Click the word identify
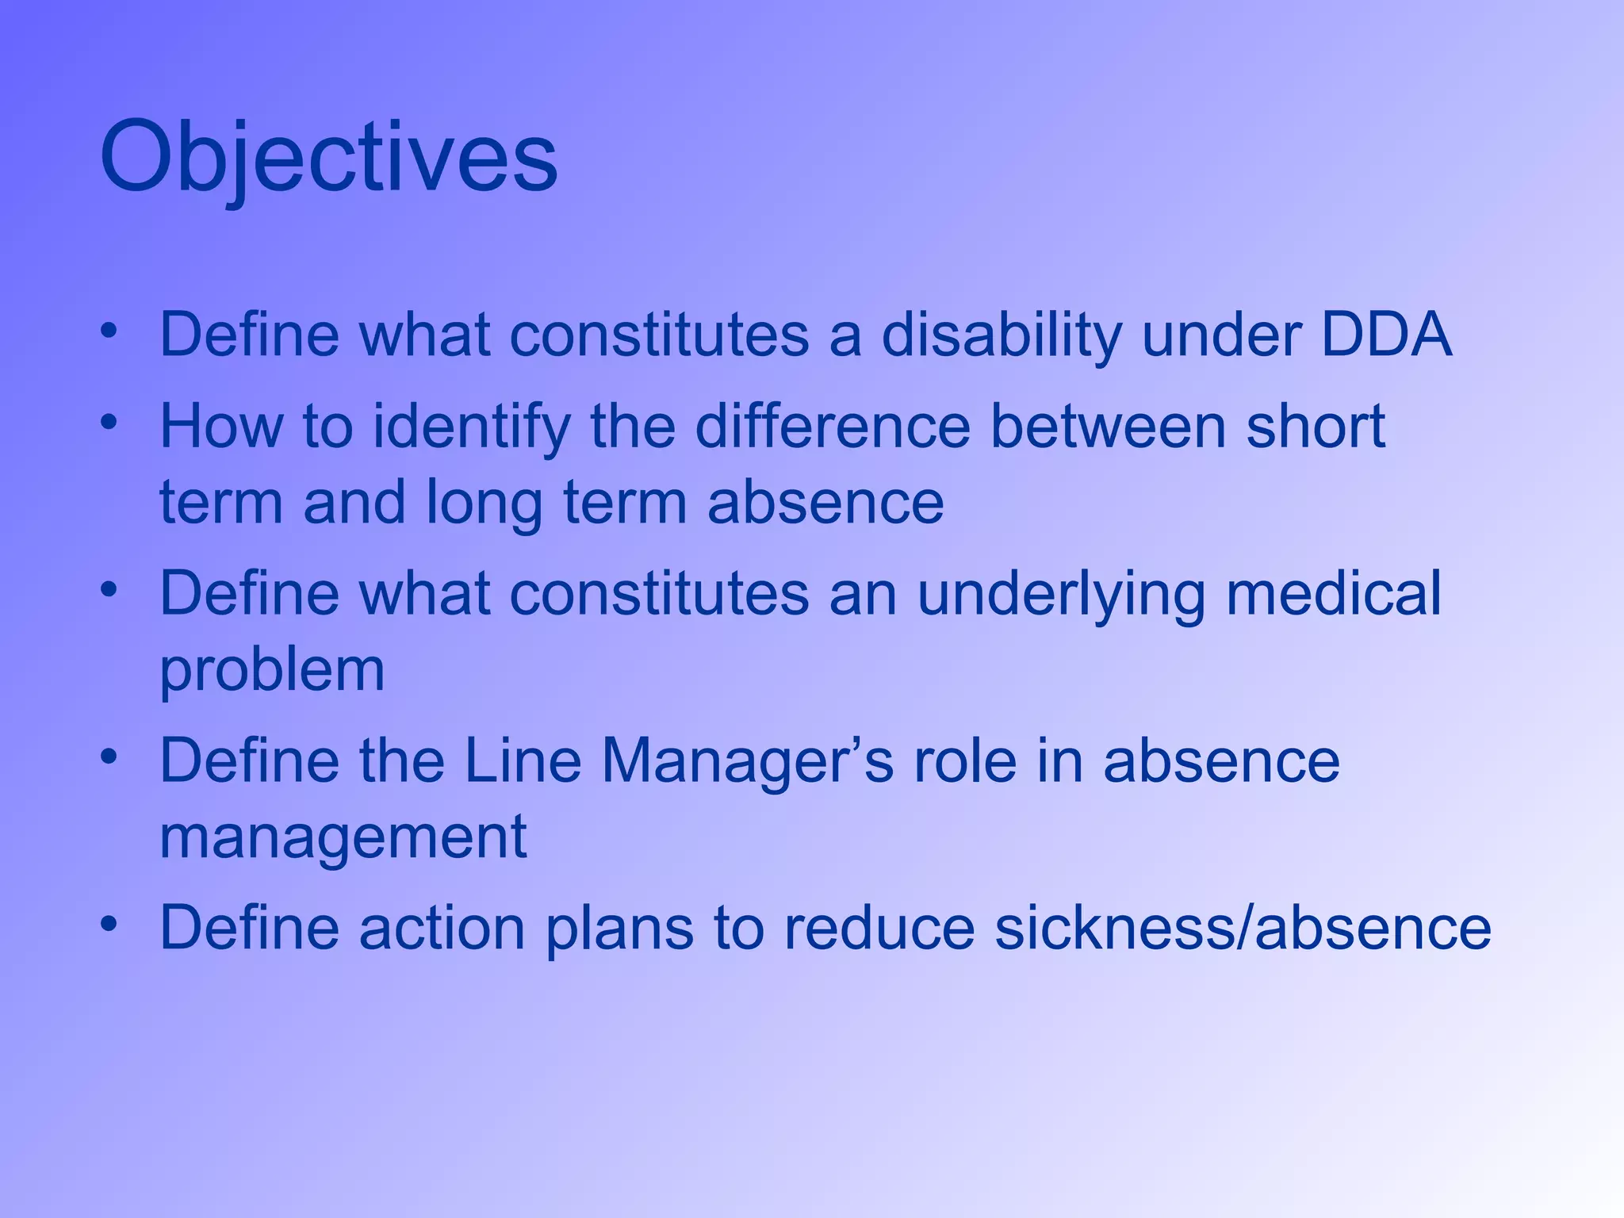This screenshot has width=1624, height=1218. tap(471, 427)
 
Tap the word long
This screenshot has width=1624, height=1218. tap(484, 503)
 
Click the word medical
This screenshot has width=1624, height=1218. tap(1333, 595)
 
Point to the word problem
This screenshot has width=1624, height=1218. tap(272, 671)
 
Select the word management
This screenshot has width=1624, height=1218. tap(343, 837)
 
